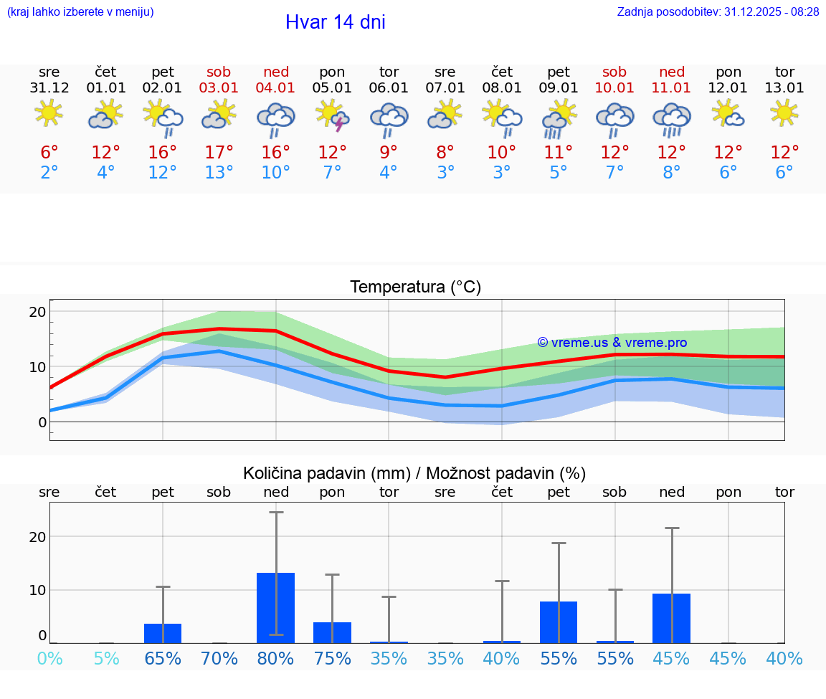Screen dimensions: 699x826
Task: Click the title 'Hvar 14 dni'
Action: pos(335,22)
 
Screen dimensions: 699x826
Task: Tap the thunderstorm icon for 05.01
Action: pos(332,116)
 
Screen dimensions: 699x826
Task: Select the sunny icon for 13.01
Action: pos(784,113)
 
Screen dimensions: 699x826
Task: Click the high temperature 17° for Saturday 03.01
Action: pos(219,153)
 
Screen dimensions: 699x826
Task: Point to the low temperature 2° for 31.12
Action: pos(49,173)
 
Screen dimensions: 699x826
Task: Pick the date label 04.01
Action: pos(275,88)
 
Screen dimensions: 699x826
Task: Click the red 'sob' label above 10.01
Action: pos(614,72)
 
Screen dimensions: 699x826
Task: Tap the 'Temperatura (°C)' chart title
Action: pos(415,287)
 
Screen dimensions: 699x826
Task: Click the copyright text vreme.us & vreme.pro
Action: pos(612,343)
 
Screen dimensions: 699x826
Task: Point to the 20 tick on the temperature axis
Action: pos(37,312)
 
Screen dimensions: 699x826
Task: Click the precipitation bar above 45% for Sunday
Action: pos(671,618)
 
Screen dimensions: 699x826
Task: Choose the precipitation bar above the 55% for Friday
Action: pos(559,622)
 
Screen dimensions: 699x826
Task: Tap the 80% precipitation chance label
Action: pos(275,658)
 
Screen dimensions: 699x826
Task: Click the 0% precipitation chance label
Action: pos(49,658)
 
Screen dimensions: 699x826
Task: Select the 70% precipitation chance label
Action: pos(219,658)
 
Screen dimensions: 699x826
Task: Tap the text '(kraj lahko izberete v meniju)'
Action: pos(80,11)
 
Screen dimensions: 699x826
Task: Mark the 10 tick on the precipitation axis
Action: pos(37,590)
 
